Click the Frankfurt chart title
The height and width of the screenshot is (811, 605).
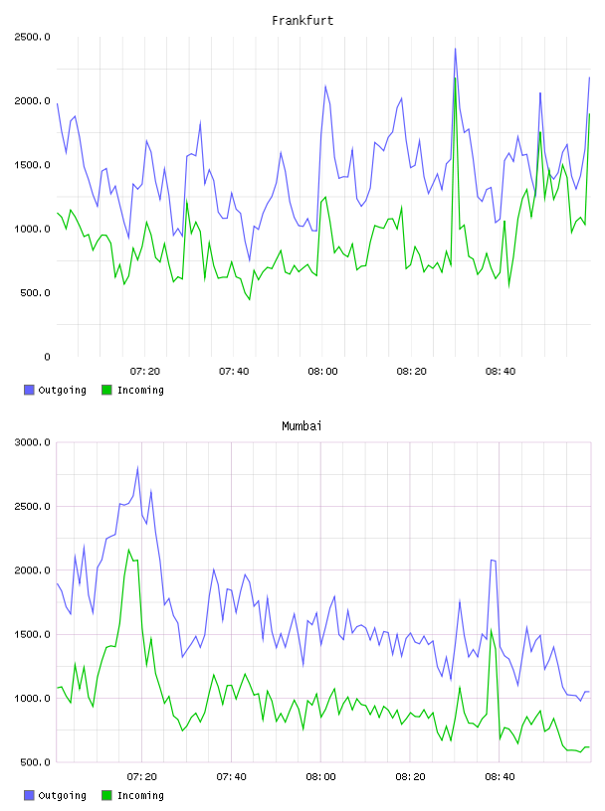click(302, 21)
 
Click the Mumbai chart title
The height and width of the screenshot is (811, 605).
click(302, 426)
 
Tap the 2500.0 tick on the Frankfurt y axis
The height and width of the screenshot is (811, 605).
click(32, 37)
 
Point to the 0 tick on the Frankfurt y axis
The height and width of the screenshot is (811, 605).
click(47, 357)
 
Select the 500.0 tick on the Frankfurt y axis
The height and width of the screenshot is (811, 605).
click(35, 293)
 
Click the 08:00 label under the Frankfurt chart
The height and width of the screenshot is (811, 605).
click(322, 372)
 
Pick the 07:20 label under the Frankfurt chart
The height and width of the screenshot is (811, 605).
click(145, 372)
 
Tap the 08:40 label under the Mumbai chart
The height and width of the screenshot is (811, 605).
click(500, 777)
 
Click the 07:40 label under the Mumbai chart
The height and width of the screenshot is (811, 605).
click(232, 777)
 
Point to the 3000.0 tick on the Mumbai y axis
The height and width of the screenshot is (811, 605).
click(32, 442)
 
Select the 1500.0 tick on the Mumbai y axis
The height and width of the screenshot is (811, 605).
click(32, 635)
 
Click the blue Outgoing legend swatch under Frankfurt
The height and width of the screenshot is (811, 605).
click(29, 390)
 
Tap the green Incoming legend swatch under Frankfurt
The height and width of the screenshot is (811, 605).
click(106, 390)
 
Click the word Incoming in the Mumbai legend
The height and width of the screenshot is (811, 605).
click(140, 795)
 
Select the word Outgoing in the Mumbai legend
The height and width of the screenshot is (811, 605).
click(62, 795)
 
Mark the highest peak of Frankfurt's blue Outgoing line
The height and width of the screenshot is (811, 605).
click(456, 48)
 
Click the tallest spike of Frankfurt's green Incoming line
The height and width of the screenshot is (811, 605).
click(456, 79)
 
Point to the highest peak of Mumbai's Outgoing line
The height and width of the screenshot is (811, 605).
click(137, 467)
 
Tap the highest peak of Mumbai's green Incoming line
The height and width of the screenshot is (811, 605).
click(128, 550)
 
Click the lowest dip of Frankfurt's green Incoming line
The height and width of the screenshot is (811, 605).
click(249, 299)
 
